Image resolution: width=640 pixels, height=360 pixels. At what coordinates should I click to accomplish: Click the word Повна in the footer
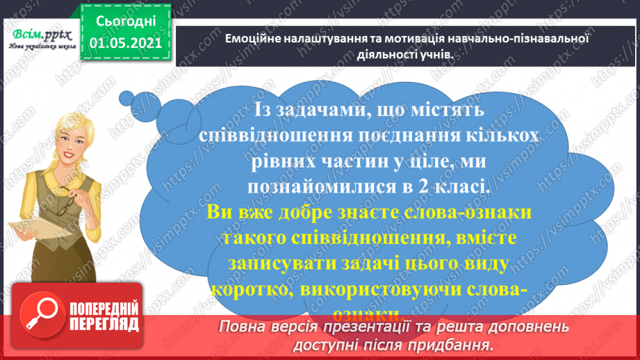click(245, 327)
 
